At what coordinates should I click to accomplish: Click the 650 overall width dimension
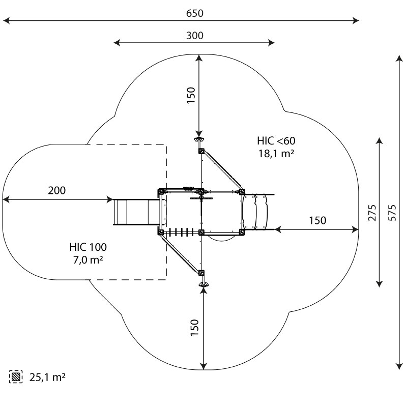coord(194,14)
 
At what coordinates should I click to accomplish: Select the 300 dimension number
coord(194,36)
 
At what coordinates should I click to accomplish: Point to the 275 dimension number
coord(373,213)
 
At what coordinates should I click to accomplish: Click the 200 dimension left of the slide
coord(56,191)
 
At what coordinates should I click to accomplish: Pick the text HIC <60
coord(276,140)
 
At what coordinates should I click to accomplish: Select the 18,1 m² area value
coord(276,152)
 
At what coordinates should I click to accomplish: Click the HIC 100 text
coord(88,247)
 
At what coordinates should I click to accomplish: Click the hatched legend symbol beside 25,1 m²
coord(16,377)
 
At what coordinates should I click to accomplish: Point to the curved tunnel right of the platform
coord(257,212)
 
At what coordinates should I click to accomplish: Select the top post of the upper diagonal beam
coord(201,151)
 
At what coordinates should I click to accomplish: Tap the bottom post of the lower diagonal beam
coord(201,273)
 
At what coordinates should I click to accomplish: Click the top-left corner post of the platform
coord(161,192)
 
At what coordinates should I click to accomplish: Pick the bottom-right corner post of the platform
coord(242,232)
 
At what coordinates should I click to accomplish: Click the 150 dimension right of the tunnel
coord(317,220)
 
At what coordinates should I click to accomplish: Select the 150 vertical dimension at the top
coord(191,96)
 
